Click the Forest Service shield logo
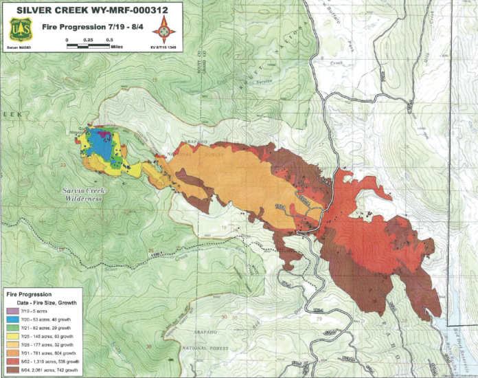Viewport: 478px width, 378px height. coord(19,30)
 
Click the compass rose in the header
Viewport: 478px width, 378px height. coord(163,31)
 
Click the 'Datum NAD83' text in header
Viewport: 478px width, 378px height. coord(20,49)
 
